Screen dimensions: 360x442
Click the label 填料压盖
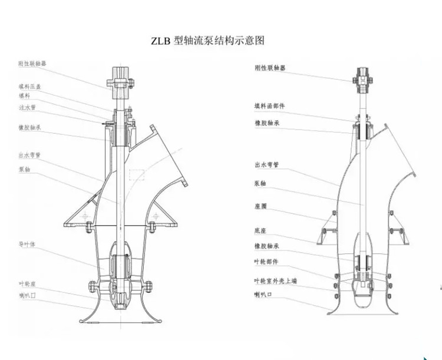point(29,86)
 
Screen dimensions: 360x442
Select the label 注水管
point(27,108)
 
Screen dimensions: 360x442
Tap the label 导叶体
point(27,243)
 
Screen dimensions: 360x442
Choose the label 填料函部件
point(269,105)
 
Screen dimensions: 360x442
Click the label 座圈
point(262,206)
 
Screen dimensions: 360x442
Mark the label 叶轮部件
point(266,261)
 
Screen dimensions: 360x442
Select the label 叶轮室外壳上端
point(275,281)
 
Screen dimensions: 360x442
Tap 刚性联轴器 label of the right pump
point(269,68)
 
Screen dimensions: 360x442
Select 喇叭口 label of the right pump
point(265,292)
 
